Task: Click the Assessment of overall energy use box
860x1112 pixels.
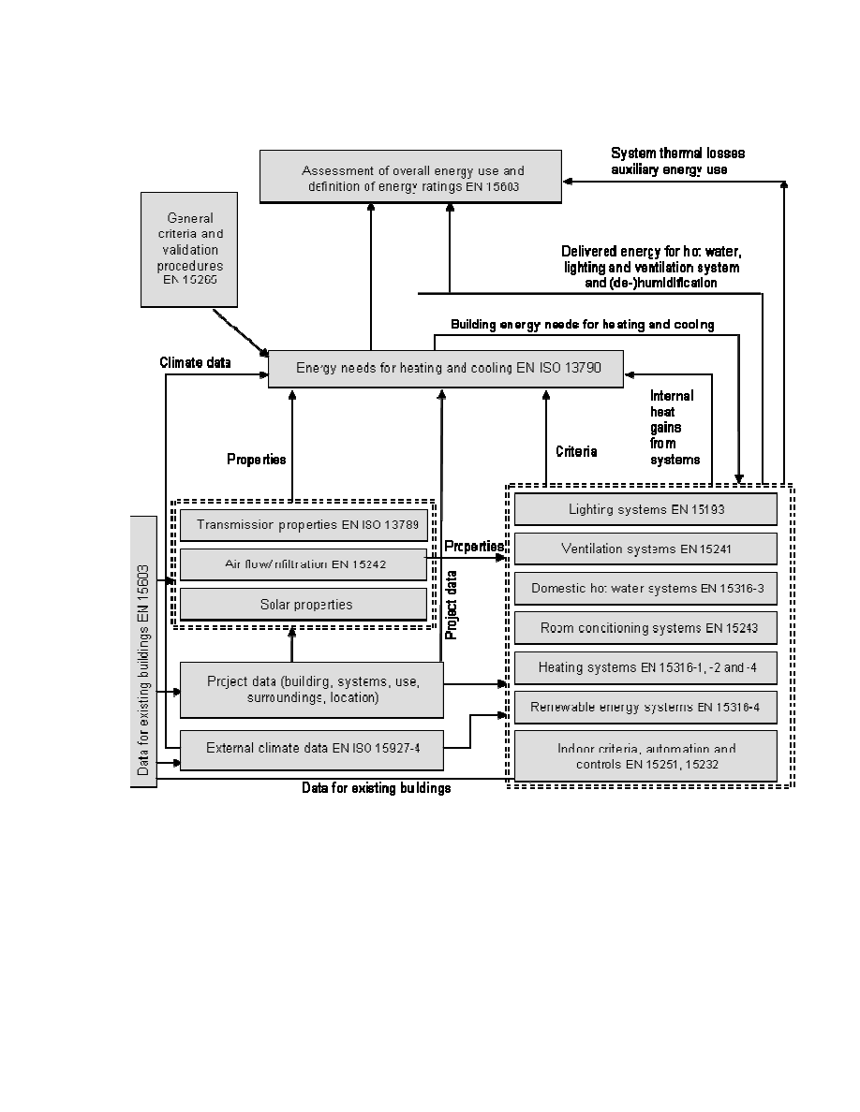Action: [x=411, y=177]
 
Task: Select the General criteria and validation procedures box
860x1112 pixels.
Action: [x=188, y=249]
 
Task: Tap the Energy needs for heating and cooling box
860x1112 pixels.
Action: [x=446, y=368]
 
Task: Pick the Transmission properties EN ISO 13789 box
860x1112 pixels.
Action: [x=303, y=524]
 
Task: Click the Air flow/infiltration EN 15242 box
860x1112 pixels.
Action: [x=303, y=564]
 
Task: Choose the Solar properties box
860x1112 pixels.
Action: [x=303, y=605]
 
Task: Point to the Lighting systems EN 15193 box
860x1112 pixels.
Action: [x=645, y=509]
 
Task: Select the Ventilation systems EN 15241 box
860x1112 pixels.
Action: [x=645, y=549]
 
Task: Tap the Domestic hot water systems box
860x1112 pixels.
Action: [x=645, y=589]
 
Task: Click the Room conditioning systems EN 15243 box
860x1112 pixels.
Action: [x=645, y=628]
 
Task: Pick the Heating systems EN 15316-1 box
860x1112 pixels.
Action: [x=645, y=667]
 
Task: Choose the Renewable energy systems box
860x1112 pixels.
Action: [x=645, y=707]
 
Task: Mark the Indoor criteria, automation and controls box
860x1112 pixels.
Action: [x=645, y=756]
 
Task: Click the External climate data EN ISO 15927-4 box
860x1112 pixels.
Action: [x=310, y=748]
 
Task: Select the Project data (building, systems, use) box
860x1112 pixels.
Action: [x=310, y=690]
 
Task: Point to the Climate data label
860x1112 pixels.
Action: [x=195, y=361]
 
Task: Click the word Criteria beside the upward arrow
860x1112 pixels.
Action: [x=576, y=451]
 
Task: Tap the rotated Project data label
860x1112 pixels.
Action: [x=451, y=605]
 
